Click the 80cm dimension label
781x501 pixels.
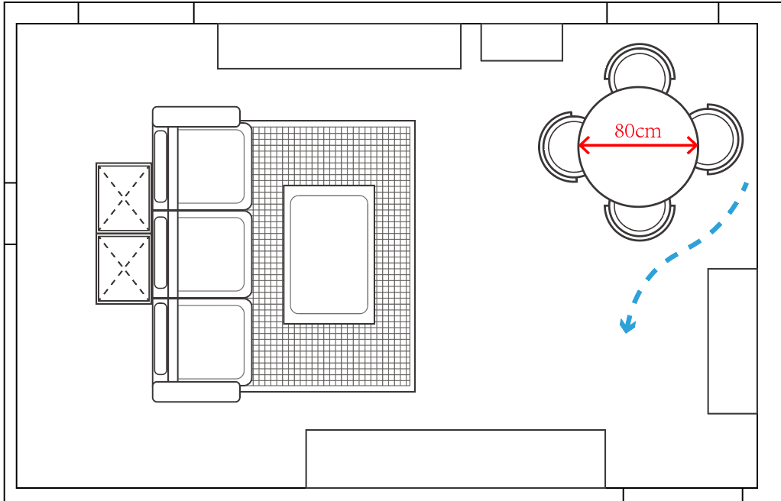[x=637, y=131]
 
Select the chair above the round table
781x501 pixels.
[x=640, y=66]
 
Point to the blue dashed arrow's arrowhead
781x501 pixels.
[x=627, y=326]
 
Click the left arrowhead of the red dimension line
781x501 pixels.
[x=583, y=145]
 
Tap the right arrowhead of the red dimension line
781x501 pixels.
[x=693, y=145]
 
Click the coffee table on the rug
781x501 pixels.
[x=329, y=254]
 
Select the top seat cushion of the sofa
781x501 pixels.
[x=211, y=166]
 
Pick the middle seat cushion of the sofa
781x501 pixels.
[x=211, y=254]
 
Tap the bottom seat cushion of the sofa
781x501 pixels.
[x=211, y=341]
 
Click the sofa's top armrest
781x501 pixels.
[x=196, y=116]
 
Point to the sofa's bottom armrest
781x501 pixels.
[x=196, y=392]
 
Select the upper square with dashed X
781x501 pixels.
[x=124, y=197]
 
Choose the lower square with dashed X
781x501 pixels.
[x=124, y=269]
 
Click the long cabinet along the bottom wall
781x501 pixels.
[x=455, y=458]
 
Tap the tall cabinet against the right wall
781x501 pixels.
[x=732, y=341]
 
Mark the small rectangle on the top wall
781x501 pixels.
[x=521, y=42]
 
